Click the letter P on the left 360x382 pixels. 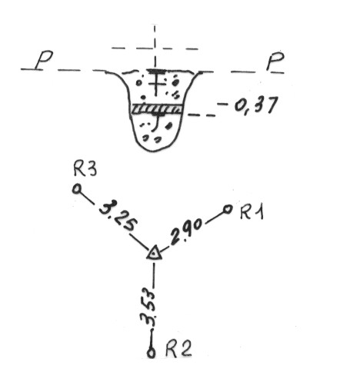tap(44, 60)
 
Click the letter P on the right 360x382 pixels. tap(275, 61)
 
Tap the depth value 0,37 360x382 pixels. tap(255, 106)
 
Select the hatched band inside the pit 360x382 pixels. tap(157, 109)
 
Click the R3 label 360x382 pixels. tap(85, 169)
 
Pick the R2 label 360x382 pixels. tap(178, 348)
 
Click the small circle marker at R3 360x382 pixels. tap(77, 189)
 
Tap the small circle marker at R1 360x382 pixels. tap(228, 209)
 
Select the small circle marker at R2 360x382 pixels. tap(151, 353)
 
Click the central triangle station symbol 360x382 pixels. tap(154, 254)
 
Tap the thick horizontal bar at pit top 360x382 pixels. tap(156, 71)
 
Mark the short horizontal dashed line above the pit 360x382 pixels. tap(155, 48)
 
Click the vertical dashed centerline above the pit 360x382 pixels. tap(155, 46)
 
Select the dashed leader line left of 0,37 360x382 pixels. tap(202, 115)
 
